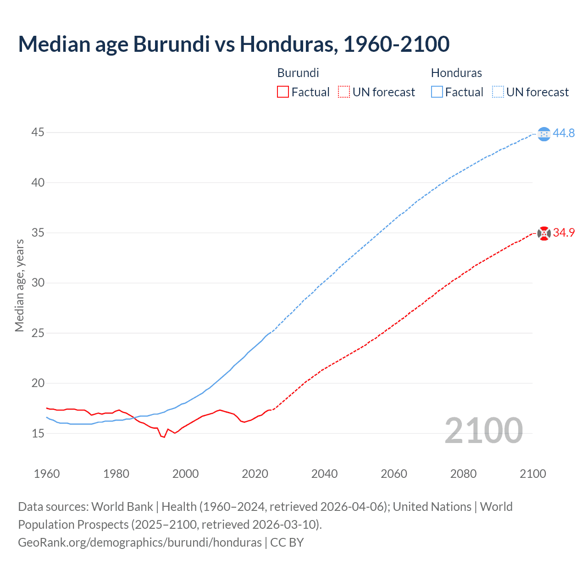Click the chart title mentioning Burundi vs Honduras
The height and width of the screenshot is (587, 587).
click(233, 44)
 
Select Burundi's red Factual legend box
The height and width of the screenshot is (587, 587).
click(283, 92)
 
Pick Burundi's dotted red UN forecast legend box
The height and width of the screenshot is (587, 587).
click(344, 92)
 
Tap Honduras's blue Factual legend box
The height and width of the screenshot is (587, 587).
click(437, 92)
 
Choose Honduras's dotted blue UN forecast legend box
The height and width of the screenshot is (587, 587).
click(498, 92)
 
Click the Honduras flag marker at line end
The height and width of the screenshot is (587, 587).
click(544, 134)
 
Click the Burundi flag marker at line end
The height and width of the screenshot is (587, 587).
click(544, 233)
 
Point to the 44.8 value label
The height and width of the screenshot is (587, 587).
click(564, 133)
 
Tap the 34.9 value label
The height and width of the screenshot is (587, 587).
click(564, 233)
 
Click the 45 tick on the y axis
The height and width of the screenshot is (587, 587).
click(38, 133)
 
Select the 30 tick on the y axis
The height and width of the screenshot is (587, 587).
click(38, 283)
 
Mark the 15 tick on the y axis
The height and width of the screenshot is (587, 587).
click(38, 433)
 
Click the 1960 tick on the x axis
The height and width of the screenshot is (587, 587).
click(47, 474)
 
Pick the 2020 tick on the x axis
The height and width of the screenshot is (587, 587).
click(255, 474)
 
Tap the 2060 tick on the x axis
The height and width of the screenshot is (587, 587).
click(394, 474)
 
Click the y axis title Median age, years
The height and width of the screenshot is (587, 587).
click(19, 285)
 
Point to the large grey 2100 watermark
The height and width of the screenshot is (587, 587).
click(483, 430)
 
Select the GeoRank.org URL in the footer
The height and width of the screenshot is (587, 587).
click(140, 543)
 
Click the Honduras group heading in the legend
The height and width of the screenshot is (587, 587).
click(456, 73)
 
